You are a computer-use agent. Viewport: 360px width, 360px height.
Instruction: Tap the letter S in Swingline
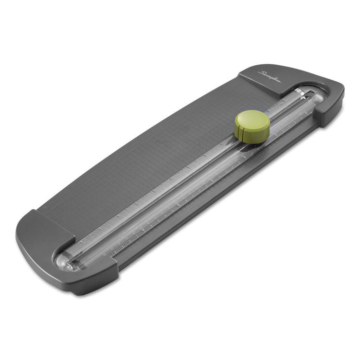click(262, 74)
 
